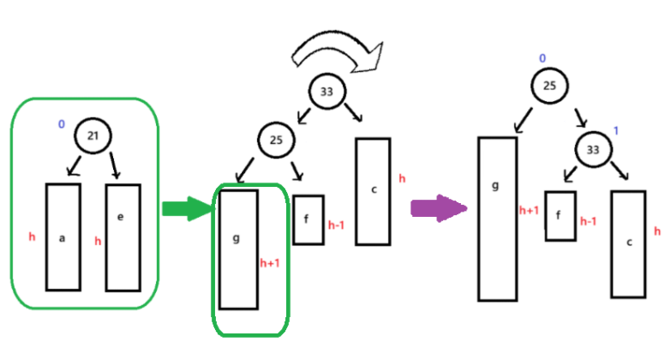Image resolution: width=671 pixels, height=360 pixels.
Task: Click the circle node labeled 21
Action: (x=93, y=135)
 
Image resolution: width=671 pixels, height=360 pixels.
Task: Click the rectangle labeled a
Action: (x=63, y=237)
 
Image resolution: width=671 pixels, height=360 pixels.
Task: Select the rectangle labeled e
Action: (x=122, y=237)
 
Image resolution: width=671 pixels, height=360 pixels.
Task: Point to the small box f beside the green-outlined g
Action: (x=308, y=219)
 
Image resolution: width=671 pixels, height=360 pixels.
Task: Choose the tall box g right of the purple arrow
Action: (x=497, y=219)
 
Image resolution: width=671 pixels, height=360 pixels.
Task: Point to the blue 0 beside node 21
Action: (x=61, y=125)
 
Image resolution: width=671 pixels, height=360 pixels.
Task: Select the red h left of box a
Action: (x=32, y=237)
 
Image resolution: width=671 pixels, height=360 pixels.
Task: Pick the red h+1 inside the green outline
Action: (x=270, y=263)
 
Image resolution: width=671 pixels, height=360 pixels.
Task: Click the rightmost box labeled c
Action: (x=628, y=243)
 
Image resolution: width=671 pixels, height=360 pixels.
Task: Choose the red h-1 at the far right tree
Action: (x=588, y=221)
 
